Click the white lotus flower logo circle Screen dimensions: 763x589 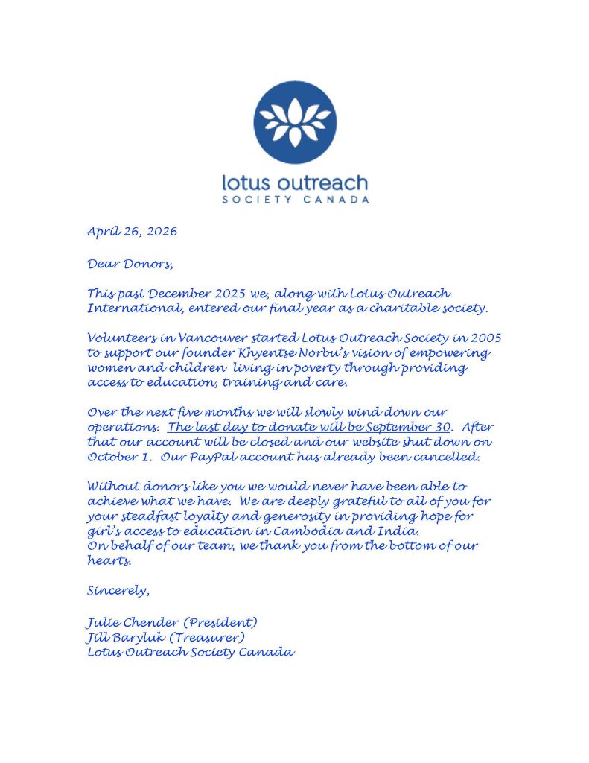point(294,123)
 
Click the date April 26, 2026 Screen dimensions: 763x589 point(132,231)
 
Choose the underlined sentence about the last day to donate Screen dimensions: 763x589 point(309,427)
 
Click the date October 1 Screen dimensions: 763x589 point(113,457)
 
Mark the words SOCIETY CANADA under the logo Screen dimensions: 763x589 point(295,200)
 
